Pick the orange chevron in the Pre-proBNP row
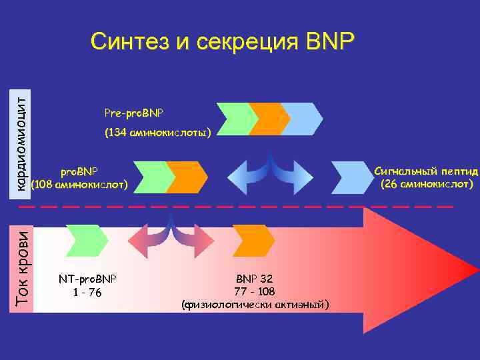[268, 119]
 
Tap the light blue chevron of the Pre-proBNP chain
[301, 119]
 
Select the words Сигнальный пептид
[426, 171]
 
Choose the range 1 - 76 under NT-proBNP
[87, 291]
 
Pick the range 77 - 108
[254, 291]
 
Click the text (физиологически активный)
[255, 305]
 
